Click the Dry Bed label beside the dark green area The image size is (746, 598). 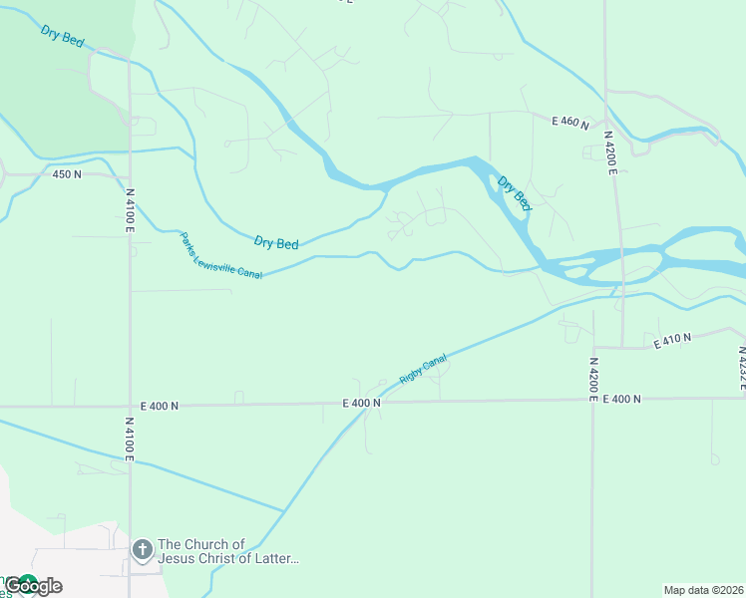tap(63, 37)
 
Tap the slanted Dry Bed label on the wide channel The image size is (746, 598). tap(515, 193)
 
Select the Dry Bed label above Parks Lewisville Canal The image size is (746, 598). tap(276, 243)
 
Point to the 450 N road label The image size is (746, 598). tap(67, 174)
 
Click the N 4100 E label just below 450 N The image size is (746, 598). tap(130, 210)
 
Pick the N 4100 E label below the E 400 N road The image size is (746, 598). tap(129, 440)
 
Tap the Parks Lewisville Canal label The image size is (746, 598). tap(220, 256)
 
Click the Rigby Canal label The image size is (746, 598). tap(423, 370)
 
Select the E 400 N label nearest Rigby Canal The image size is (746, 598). tap(362, 404)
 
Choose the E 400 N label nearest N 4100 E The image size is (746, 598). tap(160, 406)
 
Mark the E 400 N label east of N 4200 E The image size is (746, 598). tap(621, 399)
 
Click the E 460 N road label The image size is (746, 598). tap(570, 121)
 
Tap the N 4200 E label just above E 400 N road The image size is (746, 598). tap(592, 379)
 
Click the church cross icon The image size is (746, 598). tap(142, 550)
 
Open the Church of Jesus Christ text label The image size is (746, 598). tap(228, 551)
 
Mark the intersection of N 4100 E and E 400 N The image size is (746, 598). tap(130, 406)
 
